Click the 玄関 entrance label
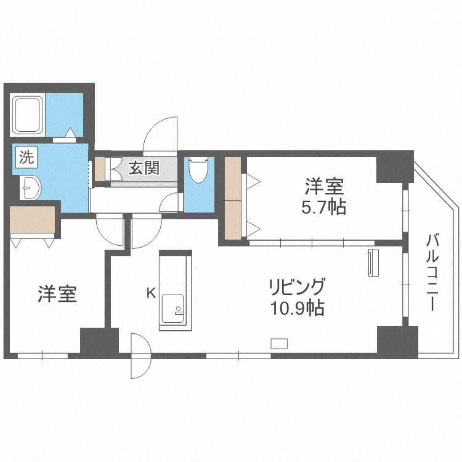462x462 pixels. pyautogui.click(x=144, y=168)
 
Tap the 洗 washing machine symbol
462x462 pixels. pyautogui.click(x=26, y=157)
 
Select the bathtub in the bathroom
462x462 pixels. pyautogui.click(x=27, y=115)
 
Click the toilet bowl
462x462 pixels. pyautogui.click(x=198, y=170)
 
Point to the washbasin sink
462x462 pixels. pyautogui.click(x=30, y=188)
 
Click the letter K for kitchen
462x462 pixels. pyautogui.click(x=152, y=293)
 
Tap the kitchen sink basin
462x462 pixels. pyautogui.click(x=173, y=309)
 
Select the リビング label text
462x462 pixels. pyautogui.click(x=298, y=286)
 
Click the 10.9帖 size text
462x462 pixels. pyautogui.click(x=298, y=308)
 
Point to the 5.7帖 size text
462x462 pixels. pyautogui.click(x=323, y=208)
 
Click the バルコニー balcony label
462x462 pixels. pyautogui.click(x=432, y=272)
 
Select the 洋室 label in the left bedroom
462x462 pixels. pyautogui.click(x=57, y=294)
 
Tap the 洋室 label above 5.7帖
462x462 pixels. pyautogui.click(x=324, y=186)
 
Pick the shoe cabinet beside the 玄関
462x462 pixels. pyautogui.click(x=100, y=169)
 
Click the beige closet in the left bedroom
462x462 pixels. pyautogui.click(x=33, y=220)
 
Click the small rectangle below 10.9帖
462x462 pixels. pyautogui.click(x=279, y=344)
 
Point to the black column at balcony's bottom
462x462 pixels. pyautogui.click(x=397, y=342)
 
